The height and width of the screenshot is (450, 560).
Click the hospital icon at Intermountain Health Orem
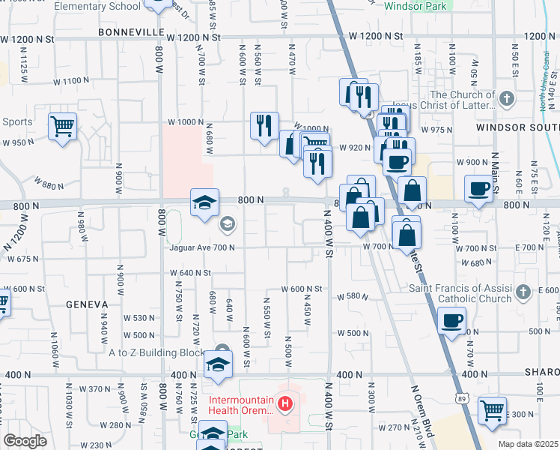point(284,405)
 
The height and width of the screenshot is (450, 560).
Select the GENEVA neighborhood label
point(87,304)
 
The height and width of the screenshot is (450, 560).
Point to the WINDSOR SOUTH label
point(517,127)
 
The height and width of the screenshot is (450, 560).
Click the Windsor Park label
point(416,6)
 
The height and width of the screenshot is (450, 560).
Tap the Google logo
point(25,441)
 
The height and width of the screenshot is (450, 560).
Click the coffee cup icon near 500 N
point(451,320)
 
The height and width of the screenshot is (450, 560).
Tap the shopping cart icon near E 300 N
point(492,409)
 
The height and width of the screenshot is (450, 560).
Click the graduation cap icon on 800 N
point(204,202)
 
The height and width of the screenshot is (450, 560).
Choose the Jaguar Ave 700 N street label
point(202,247)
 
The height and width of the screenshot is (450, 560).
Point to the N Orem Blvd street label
point(422,411)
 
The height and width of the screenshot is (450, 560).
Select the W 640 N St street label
point(191,273)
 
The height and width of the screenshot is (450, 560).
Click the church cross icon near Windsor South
point(507,98)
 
